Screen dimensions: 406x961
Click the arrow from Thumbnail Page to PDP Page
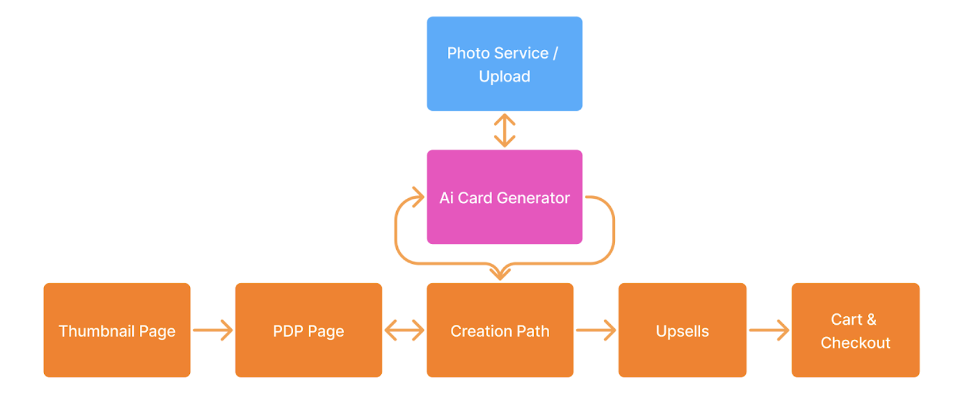[213, 330]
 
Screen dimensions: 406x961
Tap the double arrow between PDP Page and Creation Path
[405, 330]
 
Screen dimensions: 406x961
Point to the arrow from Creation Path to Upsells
[596, 330]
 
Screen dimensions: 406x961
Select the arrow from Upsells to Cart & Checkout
[769, 330]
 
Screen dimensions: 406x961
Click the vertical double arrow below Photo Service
[505, 131]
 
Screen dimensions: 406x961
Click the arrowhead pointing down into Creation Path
[500, 274]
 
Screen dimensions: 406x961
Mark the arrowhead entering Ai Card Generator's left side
[418, 197]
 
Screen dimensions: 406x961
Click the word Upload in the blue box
[505, 77]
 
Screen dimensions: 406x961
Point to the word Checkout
[855, 343]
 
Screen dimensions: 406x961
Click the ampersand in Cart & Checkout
[871, 319]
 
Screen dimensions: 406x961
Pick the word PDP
[288, 331]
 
